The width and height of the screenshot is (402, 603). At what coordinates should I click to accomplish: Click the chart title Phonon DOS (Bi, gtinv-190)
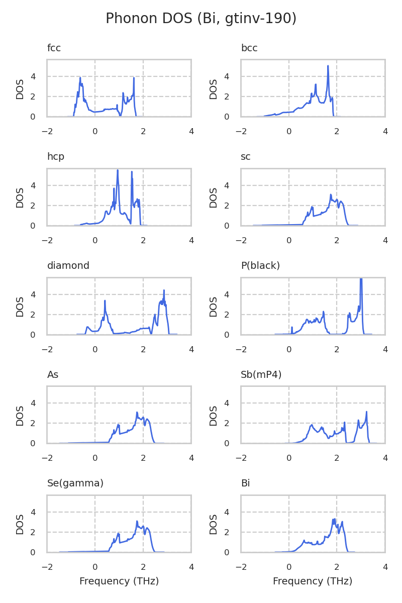coord(201,19)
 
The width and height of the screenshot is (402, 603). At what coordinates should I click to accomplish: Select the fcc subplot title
coord(54,48)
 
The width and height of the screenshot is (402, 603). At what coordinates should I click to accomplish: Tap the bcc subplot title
coord(249,48)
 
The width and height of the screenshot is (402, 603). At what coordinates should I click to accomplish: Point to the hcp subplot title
coord(56,157)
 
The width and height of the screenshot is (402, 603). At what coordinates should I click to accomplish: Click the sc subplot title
coord(246,157)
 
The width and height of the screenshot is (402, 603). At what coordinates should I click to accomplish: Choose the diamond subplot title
coord(68,266)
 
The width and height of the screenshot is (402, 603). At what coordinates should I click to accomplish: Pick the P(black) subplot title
coord(260,266)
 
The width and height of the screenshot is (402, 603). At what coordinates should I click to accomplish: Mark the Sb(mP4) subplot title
coord(261,374)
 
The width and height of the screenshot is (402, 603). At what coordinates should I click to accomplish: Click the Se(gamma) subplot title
coord(75,483)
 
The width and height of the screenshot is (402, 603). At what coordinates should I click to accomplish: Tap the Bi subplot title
coord(245,483)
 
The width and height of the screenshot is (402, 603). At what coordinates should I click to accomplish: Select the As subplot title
coord(53,374)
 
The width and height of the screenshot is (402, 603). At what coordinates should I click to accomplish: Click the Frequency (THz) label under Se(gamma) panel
coord(119,581)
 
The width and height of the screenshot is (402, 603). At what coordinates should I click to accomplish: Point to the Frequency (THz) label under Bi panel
coord(313,581)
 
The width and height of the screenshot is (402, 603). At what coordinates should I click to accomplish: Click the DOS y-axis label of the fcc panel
coord(20,89)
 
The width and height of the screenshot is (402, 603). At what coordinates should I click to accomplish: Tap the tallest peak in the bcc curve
coord(328,66)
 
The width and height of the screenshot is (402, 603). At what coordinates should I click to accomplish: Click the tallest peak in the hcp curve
coord(118,170)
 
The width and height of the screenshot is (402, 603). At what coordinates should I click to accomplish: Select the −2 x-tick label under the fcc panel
coord(47,132)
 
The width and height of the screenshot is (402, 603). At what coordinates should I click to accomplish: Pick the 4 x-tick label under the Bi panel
coord(385,567)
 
